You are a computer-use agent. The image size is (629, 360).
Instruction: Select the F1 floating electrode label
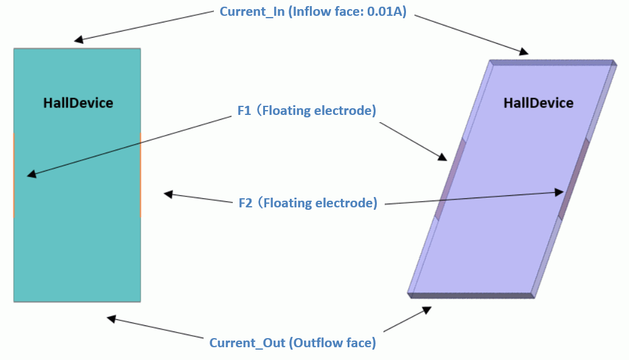[x=307, y=111]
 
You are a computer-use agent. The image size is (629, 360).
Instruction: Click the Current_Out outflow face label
[x=292, y=343]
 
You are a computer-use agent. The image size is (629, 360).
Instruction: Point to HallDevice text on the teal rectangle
[x=78, y=103]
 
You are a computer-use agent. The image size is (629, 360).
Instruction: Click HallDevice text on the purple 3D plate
[x=538, y=103]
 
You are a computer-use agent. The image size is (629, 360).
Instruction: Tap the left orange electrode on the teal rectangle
[x=13, y=175]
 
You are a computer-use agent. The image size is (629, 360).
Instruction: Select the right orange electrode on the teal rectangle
[x=140, y=175]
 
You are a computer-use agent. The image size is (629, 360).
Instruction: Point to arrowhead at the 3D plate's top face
[x=524, y=52]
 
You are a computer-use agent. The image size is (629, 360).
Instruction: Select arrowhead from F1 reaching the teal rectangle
[x=30, y=176]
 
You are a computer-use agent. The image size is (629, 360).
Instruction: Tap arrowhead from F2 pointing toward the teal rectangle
[x=168, y=194]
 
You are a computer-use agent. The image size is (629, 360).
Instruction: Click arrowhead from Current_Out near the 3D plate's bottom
[x=427, y=310]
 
